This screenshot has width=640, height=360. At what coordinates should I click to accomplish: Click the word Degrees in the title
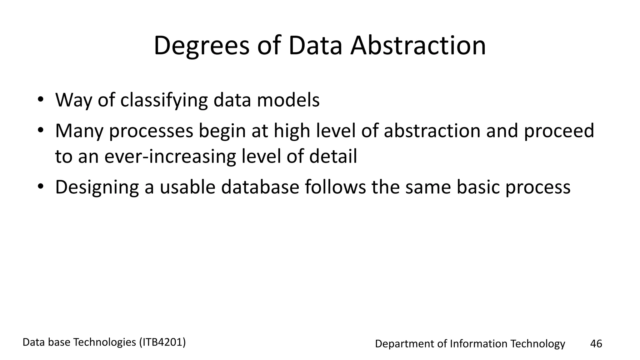click(202, 46)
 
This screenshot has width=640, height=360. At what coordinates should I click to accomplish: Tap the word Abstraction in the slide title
click(418, 46)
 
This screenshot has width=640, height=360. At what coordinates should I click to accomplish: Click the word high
click(292, 131)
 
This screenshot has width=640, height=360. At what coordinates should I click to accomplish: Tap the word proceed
click(559, 131)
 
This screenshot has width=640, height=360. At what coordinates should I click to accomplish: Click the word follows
click(335, 187)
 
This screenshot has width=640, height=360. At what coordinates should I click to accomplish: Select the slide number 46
click(596, 344)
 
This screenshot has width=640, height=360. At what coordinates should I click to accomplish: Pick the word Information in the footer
click(478, 344)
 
